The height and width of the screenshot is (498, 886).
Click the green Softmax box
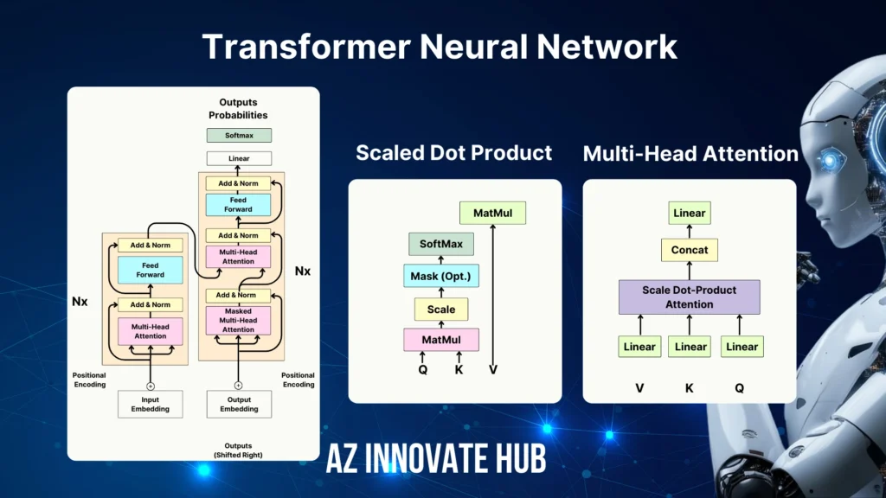(x=239, y=136)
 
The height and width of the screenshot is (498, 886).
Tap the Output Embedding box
(x=239, y=404)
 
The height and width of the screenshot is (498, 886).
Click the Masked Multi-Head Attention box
(x=239, y=321)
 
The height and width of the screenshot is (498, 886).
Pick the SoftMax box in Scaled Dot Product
(x=441, y=244)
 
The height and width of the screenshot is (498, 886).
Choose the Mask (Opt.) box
(x=441, y=277)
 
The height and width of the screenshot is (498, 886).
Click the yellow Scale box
(x=441, y=309)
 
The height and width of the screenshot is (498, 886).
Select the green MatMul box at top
(x=492, y=213)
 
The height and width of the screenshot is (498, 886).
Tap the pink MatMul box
(x=441, y=340)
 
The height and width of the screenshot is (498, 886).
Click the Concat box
(x=690, y=250)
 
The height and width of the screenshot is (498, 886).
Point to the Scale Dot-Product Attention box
(x=690, y=297)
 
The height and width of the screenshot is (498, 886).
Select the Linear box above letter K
(x=690, y=347)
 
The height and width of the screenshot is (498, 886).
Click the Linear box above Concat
(x=690, y=213)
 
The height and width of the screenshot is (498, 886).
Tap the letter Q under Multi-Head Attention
(x=740, y=388)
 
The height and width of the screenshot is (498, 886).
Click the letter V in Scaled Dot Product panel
(x=492, y=370)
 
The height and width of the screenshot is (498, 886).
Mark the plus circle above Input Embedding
(x=151, y=386)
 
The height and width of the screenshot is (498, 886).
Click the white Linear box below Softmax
(x=239, y=159)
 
